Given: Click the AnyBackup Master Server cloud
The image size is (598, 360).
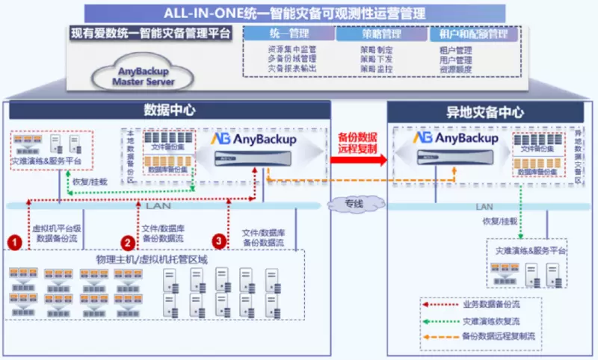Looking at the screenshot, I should tap(143, 75).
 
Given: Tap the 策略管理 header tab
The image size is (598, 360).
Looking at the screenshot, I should tap(380, 34).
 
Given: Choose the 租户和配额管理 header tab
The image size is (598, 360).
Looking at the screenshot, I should tap(473, 34).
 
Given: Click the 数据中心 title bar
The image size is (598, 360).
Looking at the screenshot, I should tap(170, 110).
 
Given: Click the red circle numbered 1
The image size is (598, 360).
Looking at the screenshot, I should tap(14, 241).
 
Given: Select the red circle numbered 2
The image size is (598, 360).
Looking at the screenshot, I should tap(129, 241).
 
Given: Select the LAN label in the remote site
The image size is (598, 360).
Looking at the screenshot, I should tap(484, 206).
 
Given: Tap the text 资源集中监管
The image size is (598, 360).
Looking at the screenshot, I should tap(291, 49).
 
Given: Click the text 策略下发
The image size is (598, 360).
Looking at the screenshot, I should tap(376, 59).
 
